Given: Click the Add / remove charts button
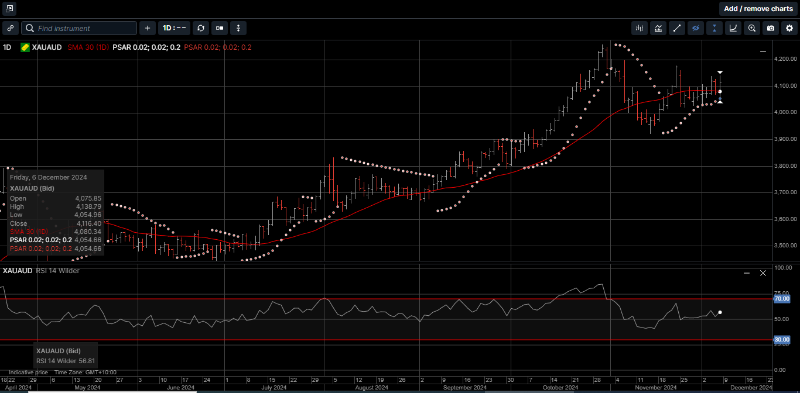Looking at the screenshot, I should pyautogui.click(x=758, y=9).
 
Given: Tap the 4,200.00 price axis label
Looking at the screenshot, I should pyautogui.click(x=785, y=59).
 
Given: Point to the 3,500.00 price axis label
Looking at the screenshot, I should pyautogui.click(x=785, y=246).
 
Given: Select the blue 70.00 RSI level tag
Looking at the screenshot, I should pyautogui.click(x=782, y=299).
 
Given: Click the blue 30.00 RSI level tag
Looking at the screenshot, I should pyautogui.click(x=782, y=340).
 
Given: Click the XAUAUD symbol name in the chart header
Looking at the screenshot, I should pyautogui.click(x=47, y=47).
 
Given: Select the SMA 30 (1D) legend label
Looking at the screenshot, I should pyautogui.click(x=87, y=47).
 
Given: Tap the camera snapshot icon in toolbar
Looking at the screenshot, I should pyautogui.click(x=771, y=28).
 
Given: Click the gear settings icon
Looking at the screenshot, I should pyautogui.click(x=789, y=28).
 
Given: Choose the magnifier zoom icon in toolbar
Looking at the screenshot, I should pyautogui.click(x=752, y=28).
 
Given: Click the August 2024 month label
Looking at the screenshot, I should pyautogui.click(x=371, y=388).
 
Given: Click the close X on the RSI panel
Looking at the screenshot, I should pyautogui.click(x=763, y=273).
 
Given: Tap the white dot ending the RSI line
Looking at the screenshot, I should pyautogui.click(x=720, y=313).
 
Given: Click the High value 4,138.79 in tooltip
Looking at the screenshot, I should pyautogui.click(x=88, y=206).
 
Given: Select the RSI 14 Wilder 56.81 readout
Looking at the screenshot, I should pyautogui.click(x=66, y=361).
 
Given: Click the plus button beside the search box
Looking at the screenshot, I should pyautogui.click(x=147, y=28).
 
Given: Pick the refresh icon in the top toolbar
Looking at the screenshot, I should pyautogui.click(x=201, y=28).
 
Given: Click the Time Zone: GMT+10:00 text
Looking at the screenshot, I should pyautogui.click(x=86, y=373).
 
